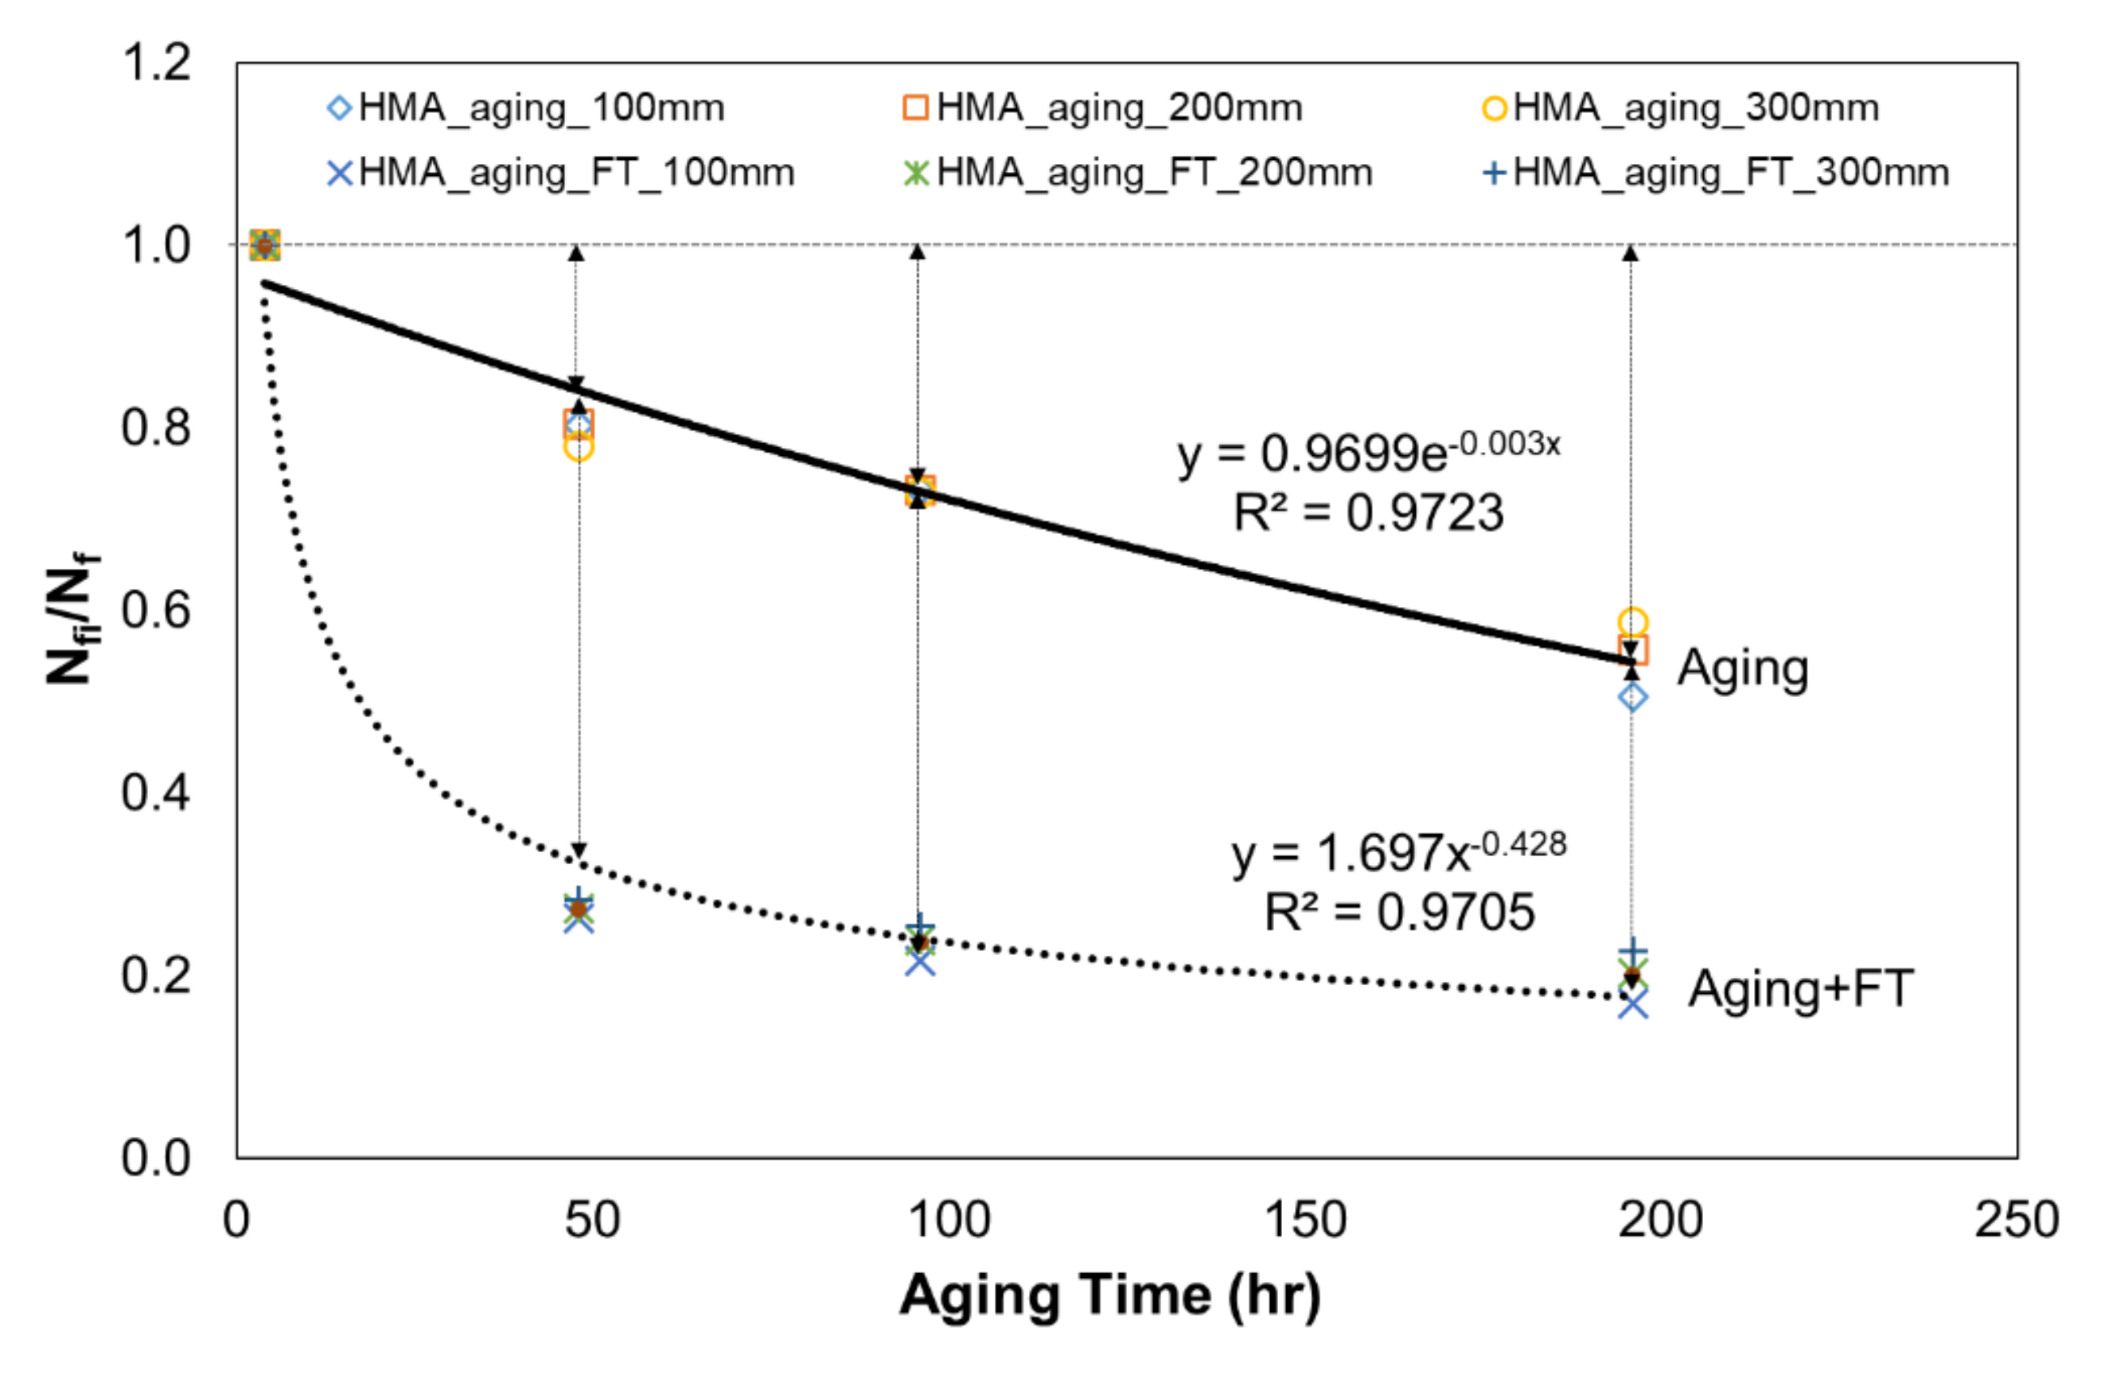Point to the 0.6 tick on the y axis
(155, 610)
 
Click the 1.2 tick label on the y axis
(155, 63)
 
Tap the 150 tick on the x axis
(1304, 1221)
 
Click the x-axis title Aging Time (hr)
(1109, 1295)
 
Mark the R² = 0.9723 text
(1367, 512)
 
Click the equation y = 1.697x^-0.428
(1398, 851)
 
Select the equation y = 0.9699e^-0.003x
(1367, 452)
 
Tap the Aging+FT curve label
(1801, 988)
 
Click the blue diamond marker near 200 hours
(1632, 697)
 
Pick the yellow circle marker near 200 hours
(1632, 623)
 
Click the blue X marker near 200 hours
(1632, 1004)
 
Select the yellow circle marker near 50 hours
(579, 447)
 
